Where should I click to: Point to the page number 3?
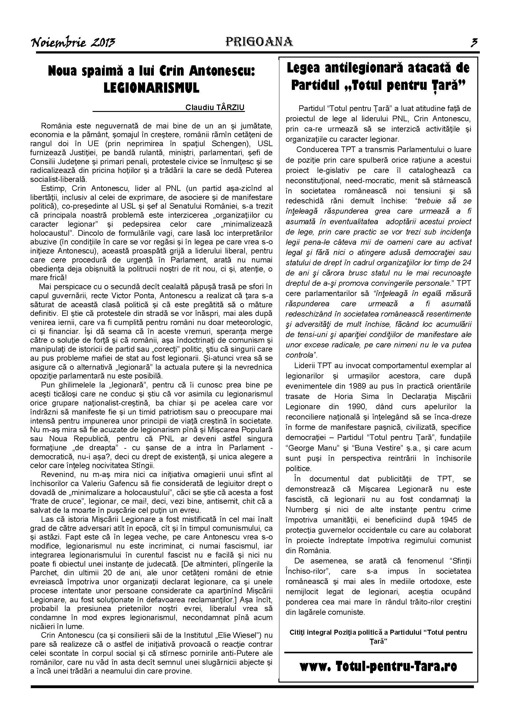474,42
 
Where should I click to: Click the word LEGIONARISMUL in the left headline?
152,88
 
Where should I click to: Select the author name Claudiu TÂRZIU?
215,107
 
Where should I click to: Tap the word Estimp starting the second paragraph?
52,188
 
